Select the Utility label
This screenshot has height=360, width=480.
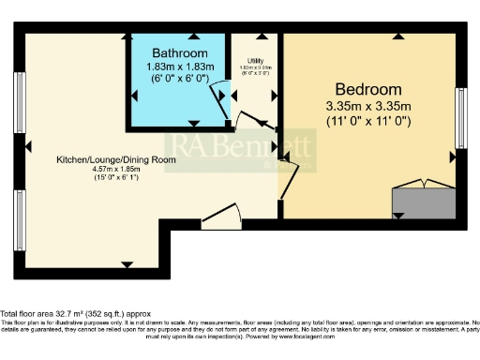coord(254,60)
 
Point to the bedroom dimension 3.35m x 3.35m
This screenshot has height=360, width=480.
coord(367,104)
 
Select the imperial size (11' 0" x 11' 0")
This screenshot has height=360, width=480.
coord(367,121)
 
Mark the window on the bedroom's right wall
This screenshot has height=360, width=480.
coord(460,118)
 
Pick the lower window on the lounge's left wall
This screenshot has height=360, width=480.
coord(19,219)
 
